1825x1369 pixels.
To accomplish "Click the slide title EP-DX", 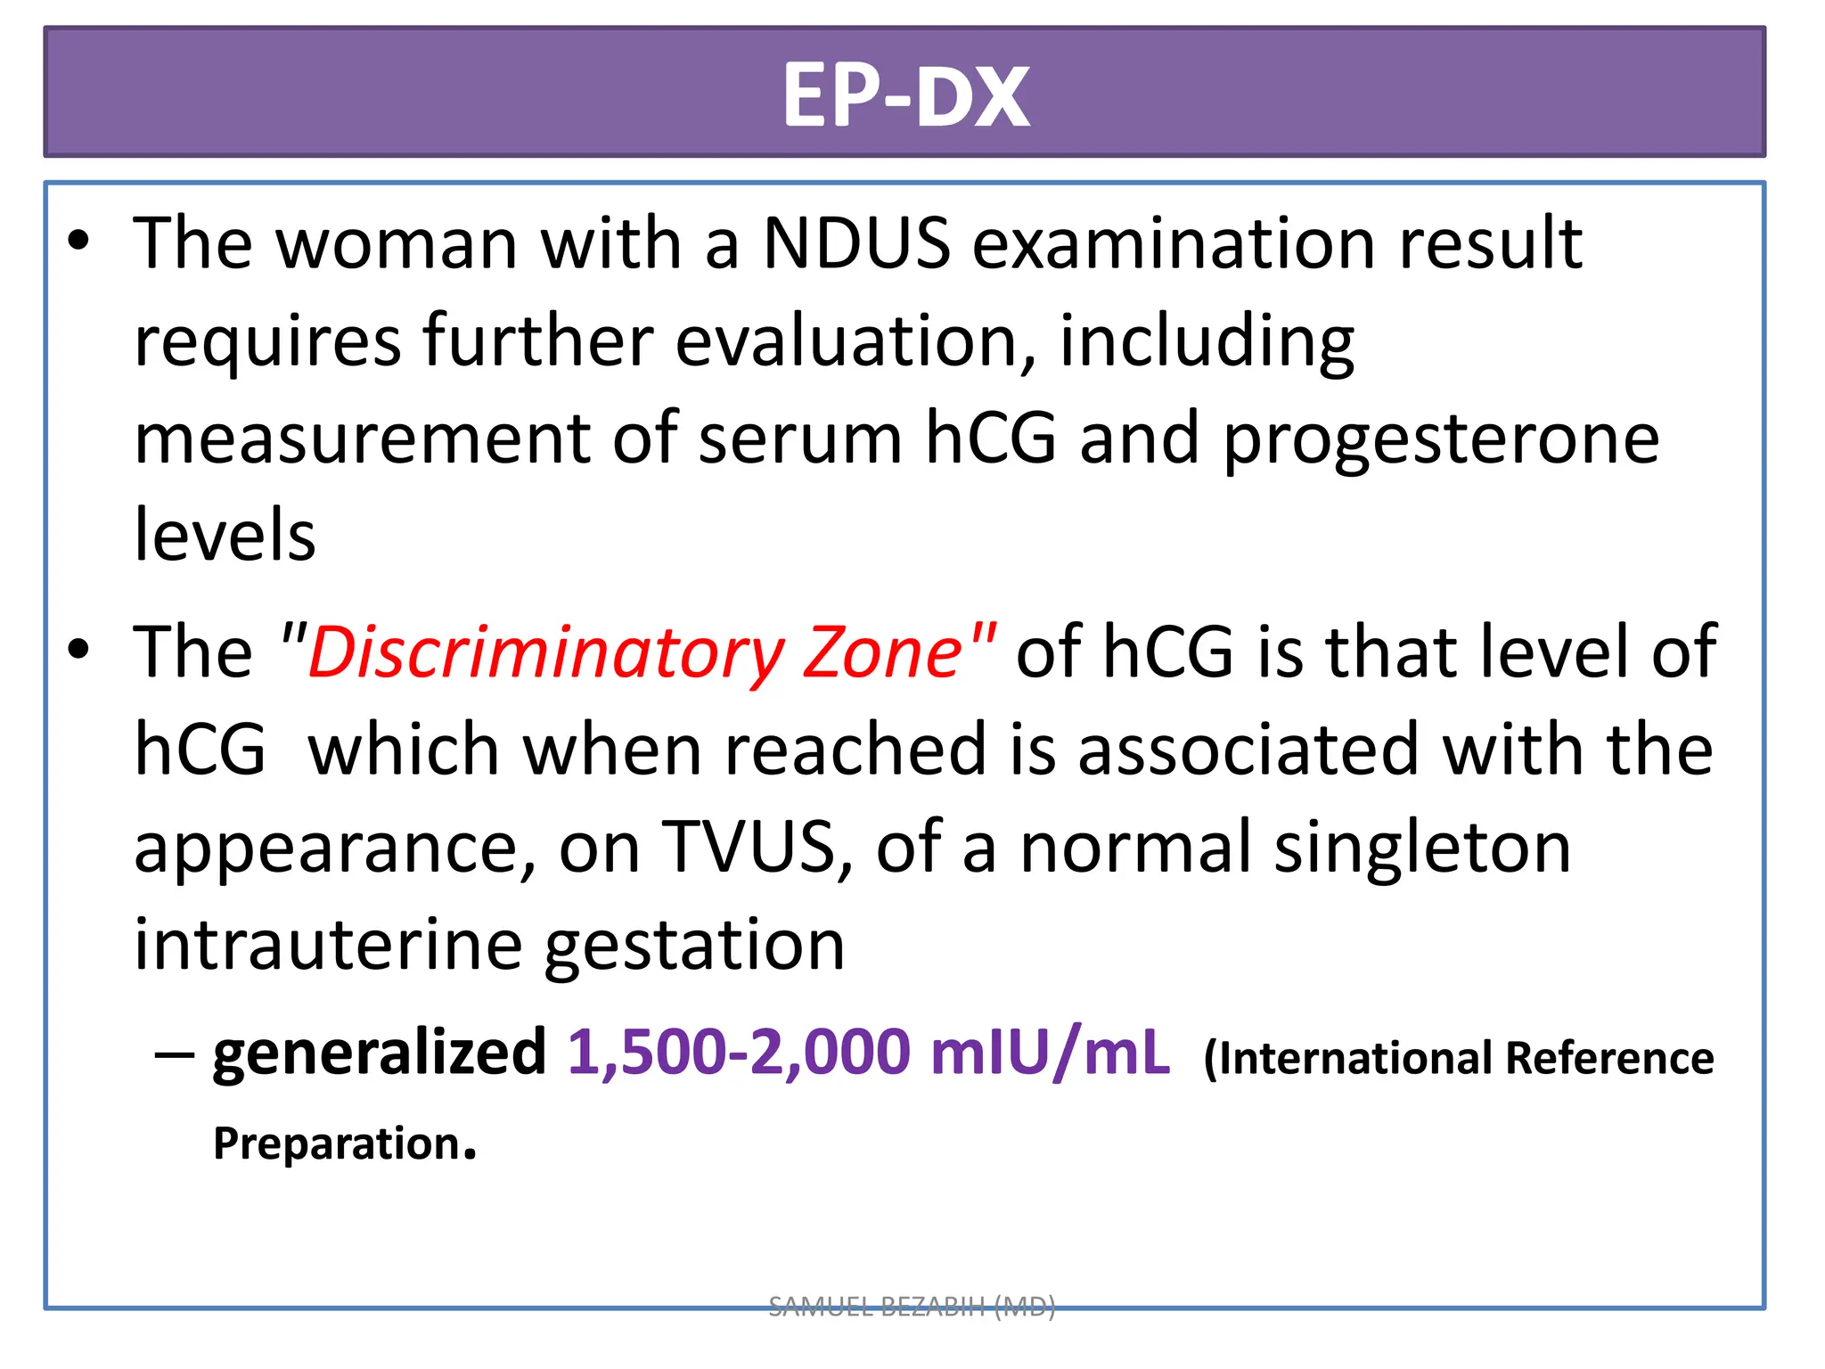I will click(905, 96).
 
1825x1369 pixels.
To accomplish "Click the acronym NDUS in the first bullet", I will click(856, 243).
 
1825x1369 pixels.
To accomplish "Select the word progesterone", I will click(1441, 439).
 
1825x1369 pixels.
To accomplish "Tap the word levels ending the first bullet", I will click(225, 536).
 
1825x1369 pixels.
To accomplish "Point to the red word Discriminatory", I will click(544, 652).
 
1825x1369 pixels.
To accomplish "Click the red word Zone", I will click(882, 652).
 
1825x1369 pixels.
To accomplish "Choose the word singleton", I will click(1422, 847).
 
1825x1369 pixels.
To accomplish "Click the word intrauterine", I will click(328, 945).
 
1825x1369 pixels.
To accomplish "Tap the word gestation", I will click(694, 945).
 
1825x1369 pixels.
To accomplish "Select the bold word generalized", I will click(379, 1053).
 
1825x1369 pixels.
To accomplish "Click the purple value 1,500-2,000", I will click(739, 1053).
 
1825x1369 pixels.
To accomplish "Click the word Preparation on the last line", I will click(337, 1144).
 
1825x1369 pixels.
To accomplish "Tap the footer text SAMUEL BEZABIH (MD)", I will click(912, 1307).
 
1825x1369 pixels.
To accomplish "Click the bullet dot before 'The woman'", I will click(79, 242).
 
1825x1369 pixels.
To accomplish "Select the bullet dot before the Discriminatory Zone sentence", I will click(79, 651).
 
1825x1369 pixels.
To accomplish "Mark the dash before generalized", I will click(174, 1054).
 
